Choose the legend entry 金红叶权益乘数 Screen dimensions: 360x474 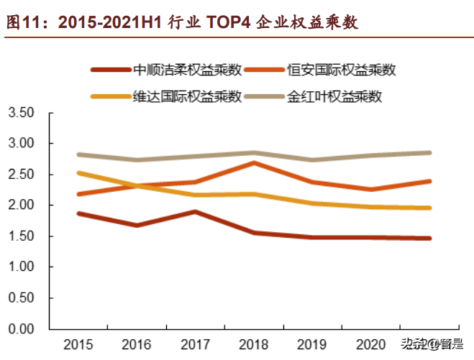334,96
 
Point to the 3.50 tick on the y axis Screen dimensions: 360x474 21,114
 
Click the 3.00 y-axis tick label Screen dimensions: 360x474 21,144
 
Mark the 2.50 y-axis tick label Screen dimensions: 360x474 21,175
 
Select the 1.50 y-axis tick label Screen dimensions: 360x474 21,236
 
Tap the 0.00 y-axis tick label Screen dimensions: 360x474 21,329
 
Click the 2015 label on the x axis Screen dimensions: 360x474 78,343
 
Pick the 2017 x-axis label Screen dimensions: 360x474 195,343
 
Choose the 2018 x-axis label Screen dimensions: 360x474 254,343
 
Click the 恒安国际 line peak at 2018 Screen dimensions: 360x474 254,163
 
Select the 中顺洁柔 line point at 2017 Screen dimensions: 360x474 195,212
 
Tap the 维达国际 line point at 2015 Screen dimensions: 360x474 78,172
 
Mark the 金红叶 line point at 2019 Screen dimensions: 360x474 313,160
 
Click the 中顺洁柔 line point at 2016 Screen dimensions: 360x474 137,225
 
